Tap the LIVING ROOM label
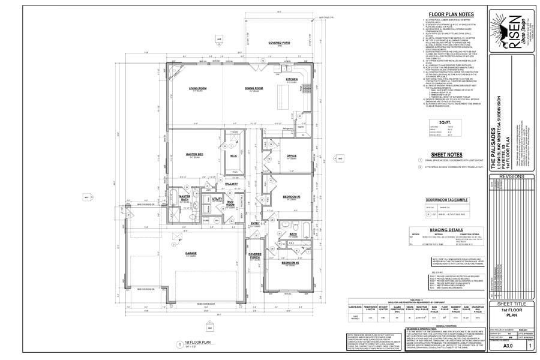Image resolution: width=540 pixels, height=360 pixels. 197,88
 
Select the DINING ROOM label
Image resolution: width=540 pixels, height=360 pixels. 254,88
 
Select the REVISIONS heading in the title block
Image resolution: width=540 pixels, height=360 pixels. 507,177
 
